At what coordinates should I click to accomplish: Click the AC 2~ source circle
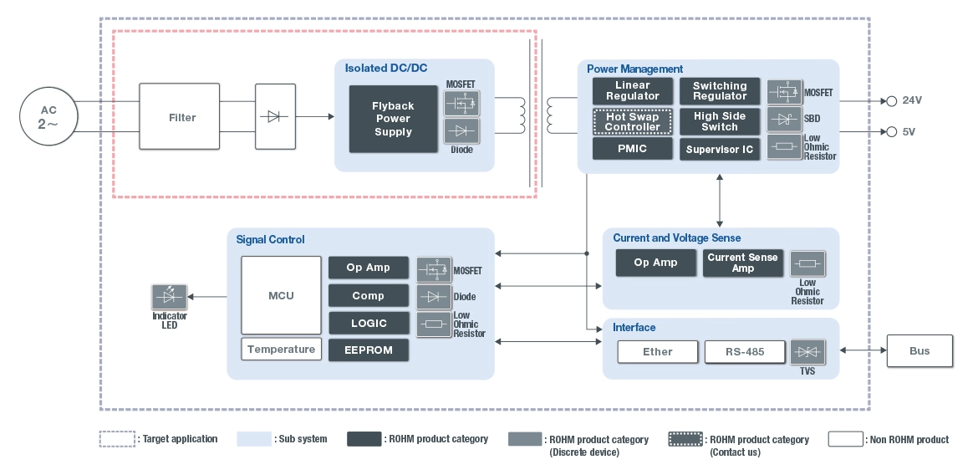[x=48, y=117]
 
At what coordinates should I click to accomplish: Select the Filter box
[x=182, y=117]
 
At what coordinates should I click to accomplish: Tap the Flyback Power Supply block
[x=393, y=119]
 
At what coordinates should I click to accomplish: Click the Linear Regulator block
[x=632, y=91]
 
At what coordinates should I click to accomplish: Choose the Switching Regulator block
[x=720, y=91]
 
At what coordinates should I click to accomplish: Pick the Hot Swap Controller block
[x=632, y=121]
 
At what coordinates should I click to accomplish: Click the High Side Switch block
[x=720, y=121]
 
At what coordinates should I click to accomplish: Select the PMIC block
[x=632, y=149]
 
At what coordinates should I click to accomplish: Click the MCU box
[x=281, y=295]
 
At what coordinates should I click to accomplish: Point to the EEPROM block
[x=369, y=350]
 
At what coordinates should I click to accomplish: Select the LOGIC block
[x=369, y=323]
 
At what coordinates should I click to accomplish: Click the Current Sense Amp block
[x=742, y=263]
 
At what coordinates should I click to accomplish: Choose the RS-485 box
[x=745, y=352]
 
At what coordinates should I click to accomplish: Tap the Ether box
[x=657, y=352]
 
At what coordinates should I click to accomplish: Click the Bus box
[x=919, y=350]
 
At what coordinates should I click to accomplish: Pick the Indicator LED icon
[x=170, y=297]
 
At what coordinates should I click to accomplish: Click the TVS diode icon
[x=807, y=352]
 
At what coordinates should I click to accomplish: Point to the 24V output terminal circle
[x=891, y=100]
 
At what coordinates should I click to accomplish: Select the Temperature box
[x=281, y=350]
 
